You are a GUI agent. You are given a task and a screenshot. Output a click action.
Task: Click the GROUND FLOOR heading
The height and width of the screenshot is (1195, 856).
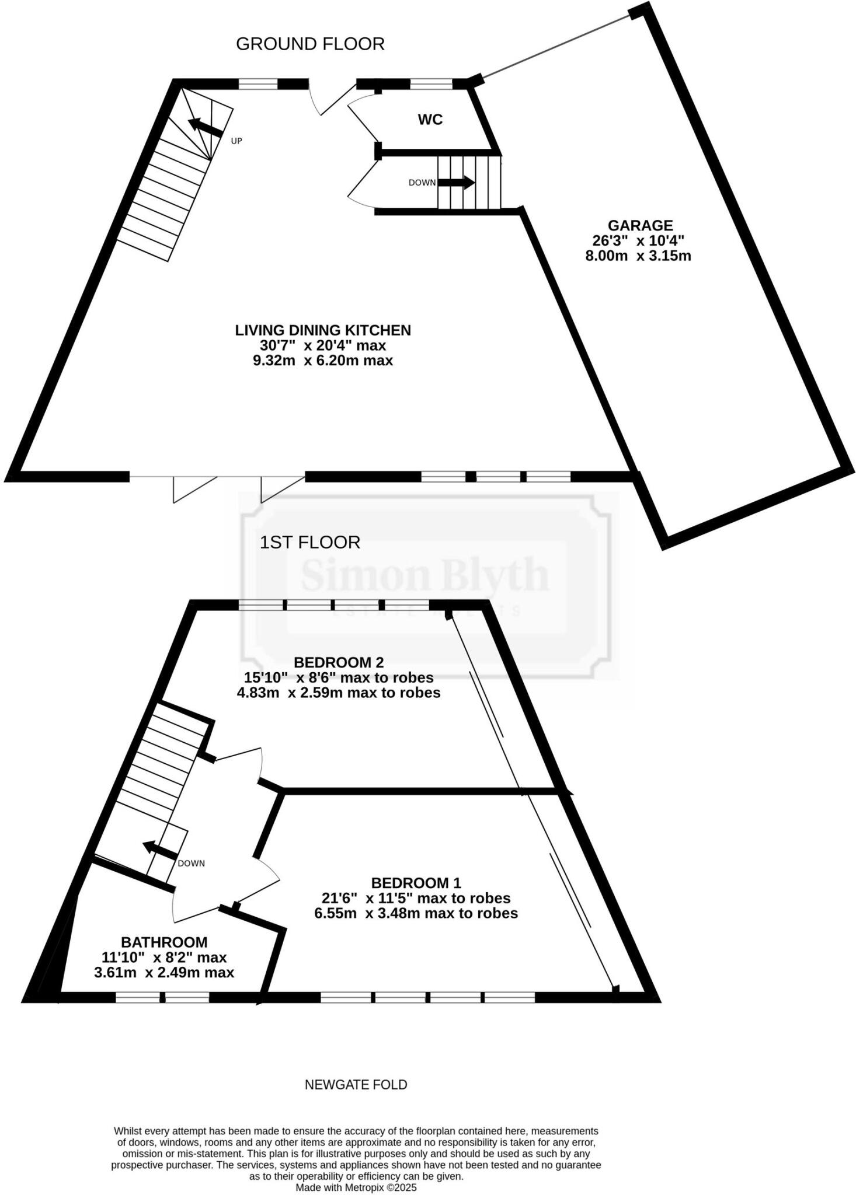click(x=310, y=44)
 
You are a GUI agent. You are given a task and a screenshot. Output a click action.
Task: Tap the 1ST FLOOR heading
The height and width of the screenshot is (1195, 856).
click(x=309, y=542)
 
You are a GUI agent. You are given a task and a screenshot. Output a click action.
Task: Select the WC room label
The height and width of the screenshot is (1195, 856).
click(x=430, y=120)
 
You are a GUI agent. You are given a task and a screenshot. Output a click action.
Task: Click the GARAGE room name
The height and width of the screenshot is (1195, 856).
click(x=640, y=225)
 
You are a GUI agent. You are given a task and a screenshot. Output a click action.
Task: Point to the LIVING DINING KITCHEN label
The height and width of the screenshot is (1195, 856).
click(x=323, y=330)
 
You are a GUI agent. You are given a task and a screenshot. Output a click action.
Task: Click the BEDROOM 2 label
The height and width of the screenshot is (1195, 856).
click(x=339, y=662)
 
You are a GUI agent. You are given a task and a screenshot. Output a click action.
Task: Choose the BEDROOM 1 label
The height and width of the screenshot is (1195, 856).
click(x=416, y=882)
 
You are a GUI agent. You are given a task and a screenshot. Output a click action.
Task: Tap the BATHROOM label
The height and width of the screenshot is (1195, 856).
click(x=164, y=942)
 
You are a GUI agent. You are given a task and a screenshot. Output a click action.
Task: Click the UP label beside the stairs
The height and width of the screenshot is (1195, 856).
click(x=236, y=141)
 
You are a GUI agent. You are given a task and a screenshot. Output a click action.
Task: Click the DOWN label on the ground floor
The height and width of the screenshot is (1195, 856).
click(x=422, y=183)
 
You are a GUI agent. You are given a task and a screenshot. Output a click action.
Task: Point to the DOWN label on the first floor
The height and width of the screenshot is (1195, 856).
click(x=191, y=863)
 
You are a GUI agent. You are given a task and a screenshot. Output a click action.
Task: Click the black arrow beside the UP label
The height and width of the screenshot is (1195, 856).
click(x=204, y=127)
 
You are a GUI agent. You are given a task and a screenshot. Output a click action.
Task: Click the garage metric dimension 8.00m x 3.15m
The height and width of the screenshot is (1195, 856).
click(x=638, y=256)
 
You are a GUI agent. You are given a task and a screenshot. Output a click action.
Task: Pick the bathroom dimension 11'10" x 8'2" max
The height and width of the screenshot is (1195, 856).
click(x=164, y=957)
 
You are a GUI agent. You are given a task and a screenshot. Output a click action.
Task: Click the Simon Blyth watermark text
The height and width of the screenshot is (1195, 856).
click(x=424, y=574)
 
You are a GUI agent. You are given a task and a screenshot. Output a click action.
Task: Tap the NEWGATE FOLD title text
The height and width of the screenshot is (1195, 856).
click(x=356, y=1085)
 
